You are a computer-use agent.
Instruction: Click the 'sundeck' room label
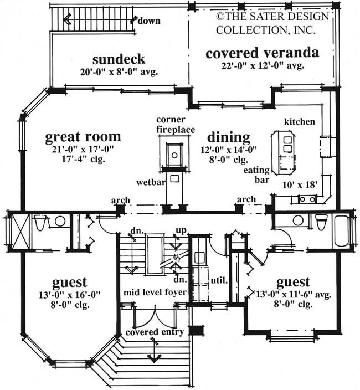coord(119,59)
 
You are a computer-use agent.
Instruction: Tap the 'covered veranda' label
coord(263,53)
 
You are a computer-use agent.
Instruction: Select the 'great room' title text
coord(83,137)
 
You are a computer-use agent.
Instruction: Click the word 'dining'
coord(229,137)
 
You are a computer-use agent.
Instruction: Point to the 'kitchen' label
coord(300,122)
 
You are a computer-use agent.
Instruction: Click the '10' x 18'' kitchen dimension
coord(300,185)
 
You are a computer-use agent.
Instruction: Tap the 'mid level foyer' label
coord(155,292)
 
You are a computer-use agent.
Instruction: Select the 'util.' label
coord(219,280)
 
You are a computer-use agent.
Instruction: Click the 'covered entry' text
coord(155,332)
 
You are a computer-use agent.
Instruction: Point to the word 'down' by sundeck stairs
coord(149,21)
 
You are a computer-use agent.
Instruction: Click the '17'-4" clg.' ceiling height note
coord(83,159)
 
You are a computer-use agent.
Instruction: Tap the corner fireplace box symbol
coord(174,154)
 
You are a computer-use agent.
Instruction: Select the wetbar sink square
coord(174,178)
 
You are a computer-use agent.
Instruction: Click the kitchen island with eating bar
coord(284,153)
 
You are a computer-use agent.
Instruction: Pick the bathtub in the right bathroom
coord(342,230)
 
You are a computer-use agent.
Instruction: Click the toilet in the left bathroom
coord(40,222)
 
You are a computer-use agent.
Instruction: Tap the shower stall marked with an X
coord(20,232)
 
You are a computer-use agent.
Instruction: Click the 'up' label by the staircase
coord(181,230)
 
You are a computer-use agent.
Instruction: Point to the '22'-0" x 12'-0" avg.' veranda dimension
coord(263,66)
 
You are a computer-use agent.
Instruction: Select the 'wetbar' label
coord(151,182)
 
